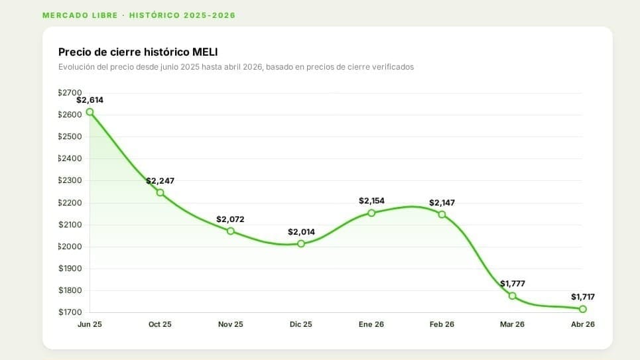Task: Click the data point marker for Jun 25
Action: click(90, 112)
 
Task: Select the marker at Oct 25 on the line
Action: click(160, 192)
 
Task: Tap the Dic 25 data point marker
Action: click(301, 243)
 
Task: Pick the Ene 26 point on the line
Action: click(371, 213)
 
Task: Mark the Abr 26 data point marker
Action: click(582, 309)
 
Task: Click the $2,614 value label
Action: click(90, 100)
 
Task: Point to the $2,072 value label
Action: click(230, 219)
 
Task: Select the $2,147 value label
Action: click(442, 203)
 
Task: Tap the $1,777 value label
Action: click(512, 284)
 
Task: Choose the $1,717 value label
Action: click(582, 297)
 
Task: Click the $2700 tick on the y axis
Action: click(70, 93)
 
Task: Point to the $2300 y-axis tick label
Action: click(70, 180)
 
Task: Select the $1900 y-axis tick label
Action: click(70, 269)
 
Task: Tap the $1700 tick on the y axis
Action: click(70, 312)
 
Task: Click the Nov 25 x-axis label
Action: click(230, 324)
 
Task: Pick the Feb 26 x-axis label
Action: click(442, 324)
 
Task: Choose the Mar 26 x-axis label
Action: click(512, 324)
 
